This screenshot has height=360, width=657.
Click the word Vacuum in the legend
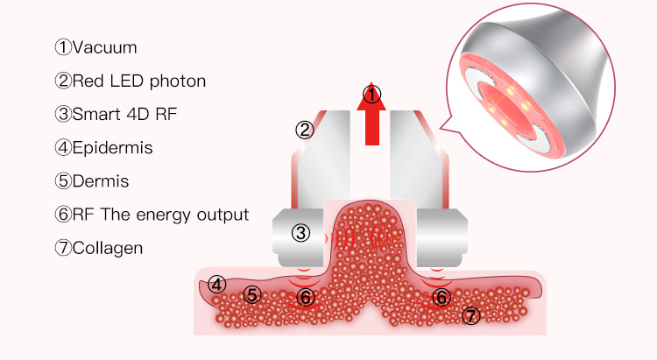pos(105,48)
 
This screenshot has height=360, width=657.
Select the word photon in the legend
pos(178,81)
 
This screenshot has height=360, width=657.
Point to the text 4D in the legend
pos(138,114)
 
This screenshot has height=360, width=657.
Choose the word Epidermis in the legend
pos(112,148)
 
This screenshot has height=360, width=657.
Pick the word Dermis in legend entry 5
pos(101,181)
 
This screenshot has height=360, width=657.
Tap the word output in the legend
pos(223,215)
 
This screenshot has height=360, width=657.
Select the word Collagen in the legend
pos(108,248)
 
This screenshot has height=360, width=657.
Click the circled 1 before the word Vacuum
pos(63,47)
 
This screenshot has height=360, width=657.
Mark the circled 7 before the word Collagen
pos(63,248)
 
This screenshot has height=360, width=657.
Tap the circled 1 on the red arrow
pos(371,95)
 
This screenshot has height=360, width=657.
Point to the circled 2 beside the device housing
pos(305,130)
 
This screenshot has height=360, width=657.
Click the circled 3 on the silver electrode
pos(300,233)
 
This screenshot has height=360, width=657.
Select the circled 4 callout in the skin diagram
pos(216,285)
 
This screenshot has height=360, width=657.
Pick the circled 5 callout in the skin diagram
pos(251,294)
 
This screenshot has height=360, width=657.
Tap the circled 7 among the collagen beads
pos(471,315)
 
